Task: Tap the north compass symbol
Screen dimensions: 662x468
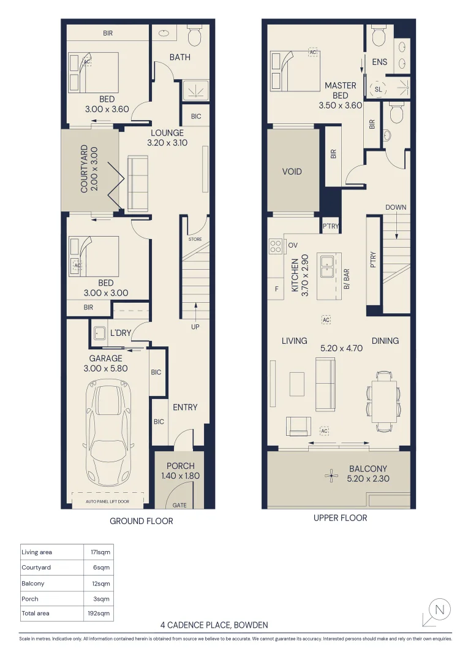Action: coord(439,609)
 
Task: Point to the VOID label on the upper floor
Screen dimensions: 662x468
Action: coord(292,172)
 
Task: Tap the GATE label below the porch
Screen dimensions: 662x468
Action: coord(179,505)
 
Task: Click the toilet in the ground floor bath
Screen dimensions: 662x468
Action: coord(195,36)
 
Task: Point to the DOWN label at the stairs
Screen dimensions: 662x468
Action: coord(396,207)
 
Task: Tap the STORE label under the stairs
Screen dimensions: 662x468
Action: coord(195,239)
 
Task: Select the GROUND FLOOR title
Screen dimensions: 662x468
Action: coord(141,521)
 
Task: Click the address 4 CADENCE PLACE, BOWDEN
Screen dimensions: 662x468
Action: coord(214,625)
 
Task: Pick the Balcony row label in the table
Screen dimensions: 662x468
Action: coord(33,584)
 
